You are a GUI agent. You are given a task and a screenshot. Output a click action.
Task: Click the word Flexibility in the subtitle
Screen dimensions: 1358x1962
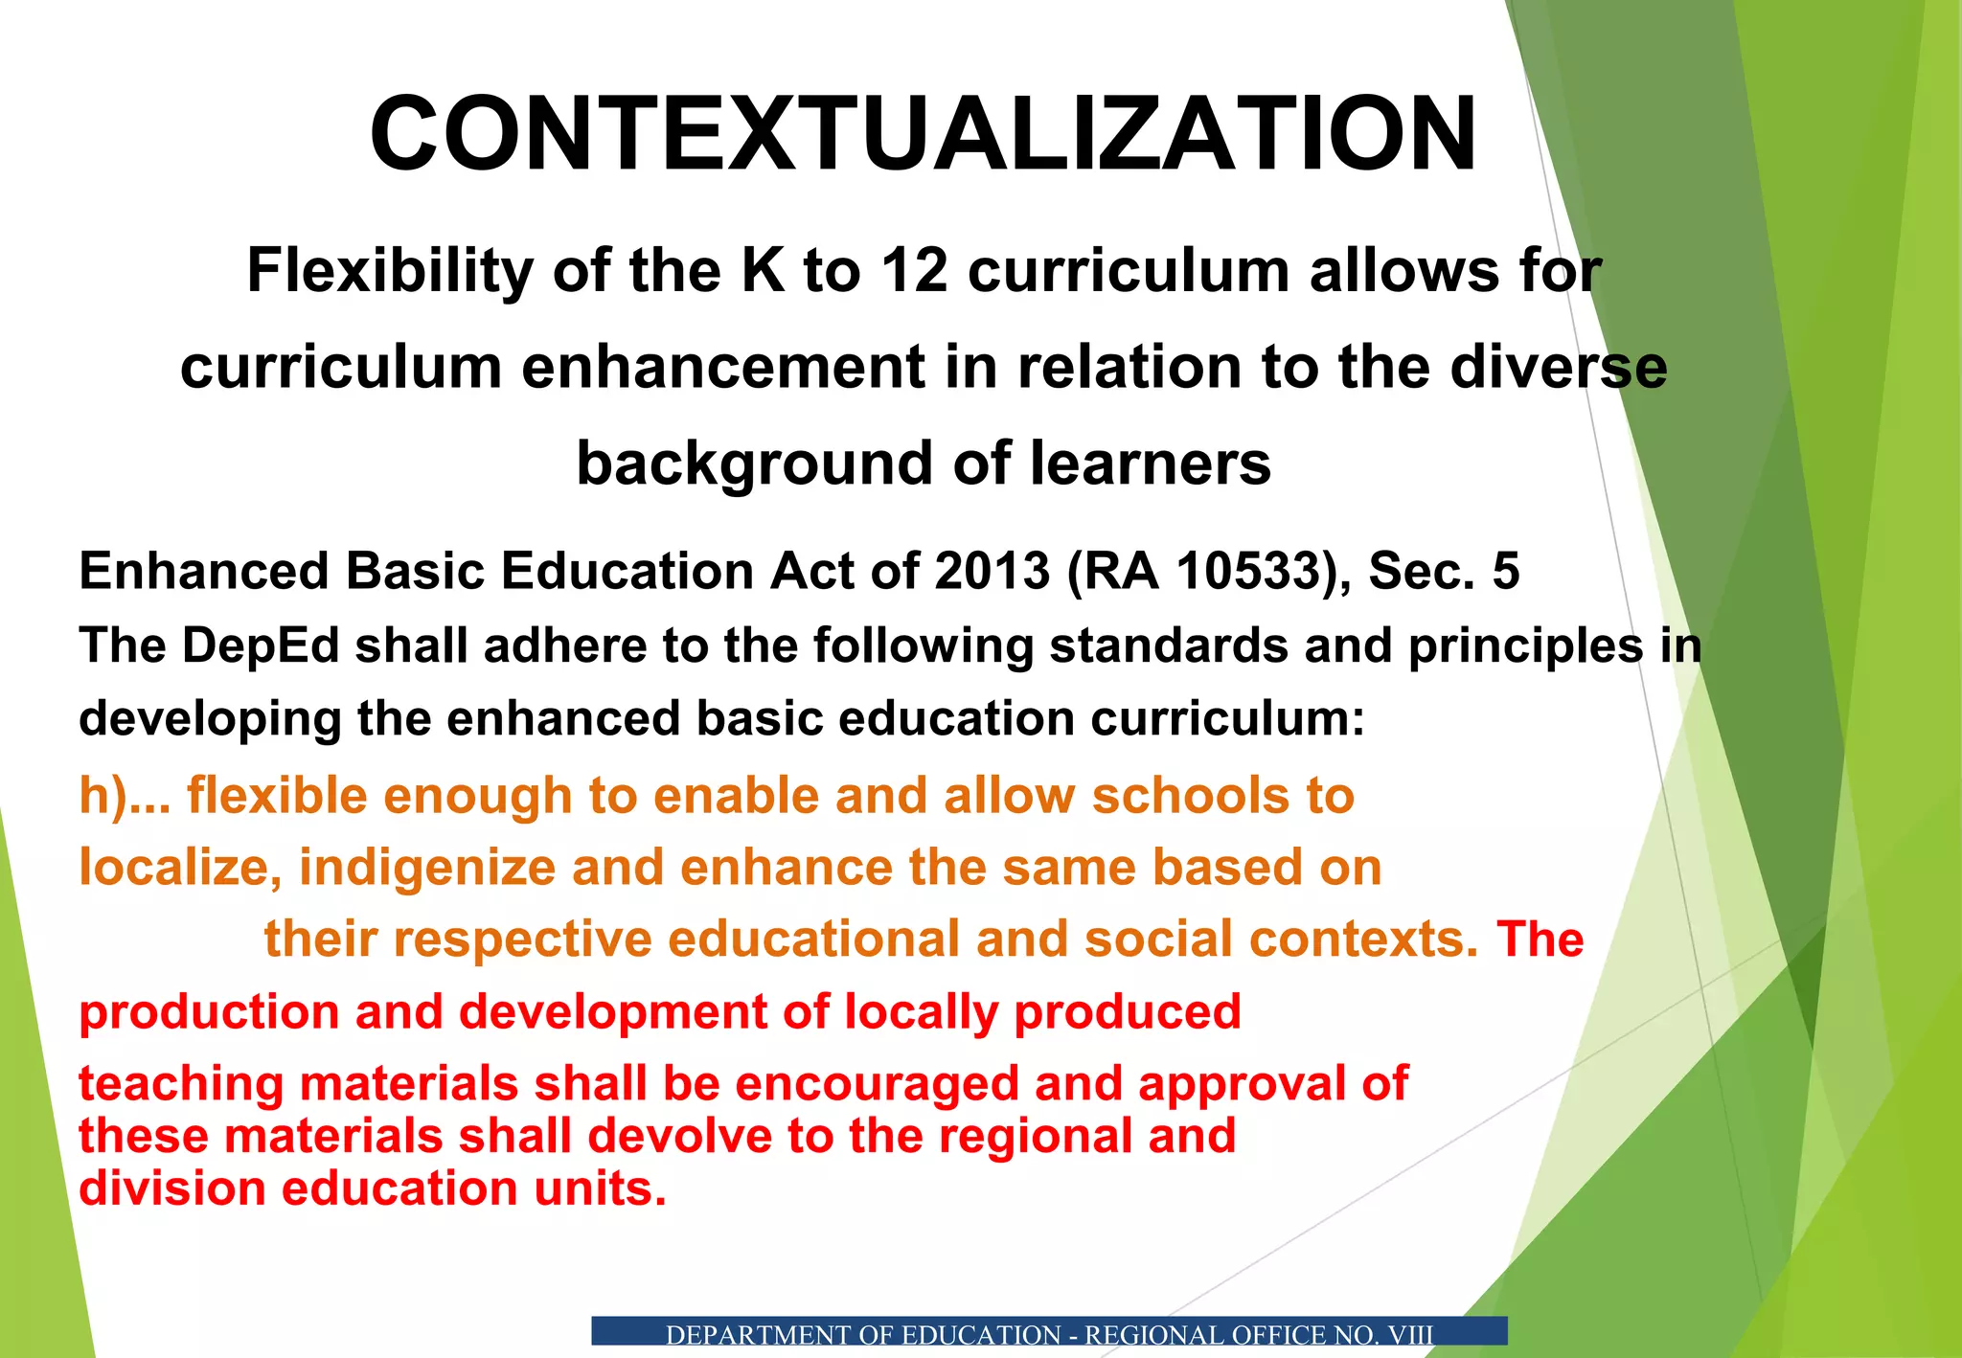pos(389,271)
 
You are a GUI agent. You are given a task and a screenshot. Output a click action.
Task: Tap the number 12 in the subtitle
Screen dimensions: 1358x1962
pos(914,271)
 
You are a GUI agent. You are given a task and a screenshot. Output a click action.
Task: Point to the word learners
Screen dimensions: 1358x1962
pos(1150,464)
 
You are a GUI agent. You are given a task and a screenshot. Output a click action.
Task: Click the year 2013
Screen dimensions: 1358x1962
pos(992,572)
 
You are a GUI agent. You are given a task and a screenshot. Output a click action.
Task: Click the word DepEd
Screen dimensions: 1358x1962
pos(261,645)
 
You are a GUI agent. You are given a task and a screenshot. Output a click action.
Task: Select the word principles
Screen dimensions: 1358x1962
pos(1525,645)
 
